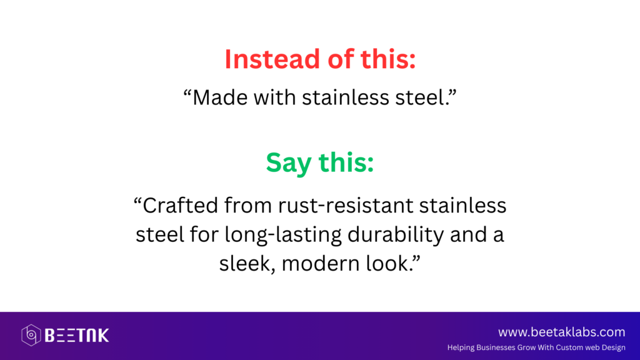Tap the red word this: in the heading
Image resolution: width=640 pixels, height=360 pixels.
pos(388,59)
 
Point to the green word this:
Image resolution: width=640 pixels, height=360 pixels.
pos(346,162)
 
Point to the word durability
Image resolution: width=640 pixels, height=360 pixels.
pos(396,235)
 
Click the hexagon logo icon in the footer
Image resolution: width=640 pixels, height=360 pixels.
pos(31,335)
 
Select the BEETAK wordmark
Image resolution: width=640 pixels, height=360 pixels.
pos(77,336)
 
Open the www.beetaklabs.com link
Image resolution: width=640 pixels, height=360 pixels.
pos(562,332)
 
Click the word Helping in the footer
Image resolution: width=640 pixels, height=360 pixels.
pos(461,348)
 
